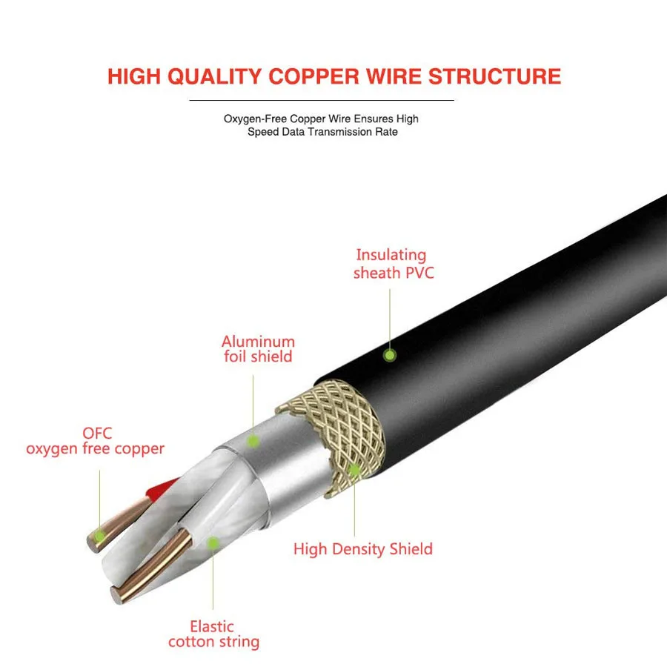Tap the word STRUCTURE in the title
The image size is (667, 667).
tap(495, 76)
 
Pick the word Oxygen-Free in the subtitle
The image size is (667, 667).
tap(255, 119)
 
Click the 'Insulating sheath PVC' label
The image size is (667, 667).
tap(392, 264)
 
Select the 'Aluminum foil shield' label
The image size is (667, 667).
tap(258, 349)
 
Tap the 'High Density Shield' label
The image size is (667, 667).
tap(363, 549)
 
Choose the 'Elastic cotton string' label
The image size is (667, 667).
tap(213, 634)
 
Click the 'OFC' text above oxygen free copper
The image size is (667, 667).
tap(98, 433)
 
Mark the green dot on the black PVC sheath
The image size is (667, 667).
tap(389, 356)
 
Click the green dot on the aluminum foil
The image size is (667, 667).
tap(253, 441)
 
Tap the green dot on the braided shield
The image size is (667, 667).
tap(354, 469)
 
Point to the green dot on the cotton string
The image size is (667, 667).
tap(213, 543)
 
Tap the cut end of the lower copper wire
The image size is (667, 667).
tap(116, 592)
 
